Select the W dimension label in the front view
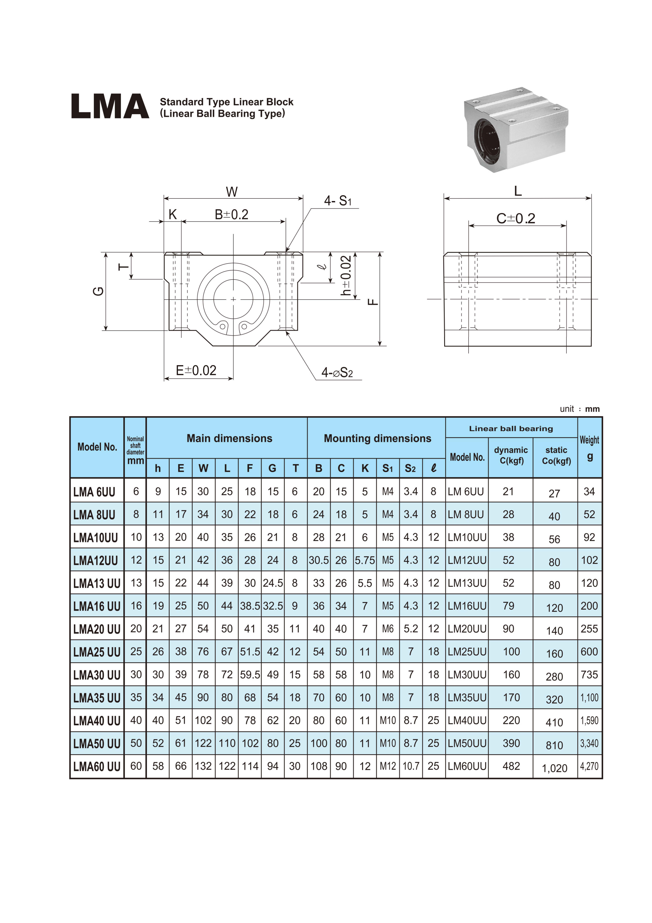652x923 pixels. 232,192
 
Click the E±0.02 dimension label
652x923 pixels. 196,370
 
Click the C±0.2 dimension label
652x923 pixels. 516,218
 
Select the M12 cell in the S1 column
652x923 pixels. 388,766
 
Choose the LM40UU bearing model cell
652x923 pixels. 467,720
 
